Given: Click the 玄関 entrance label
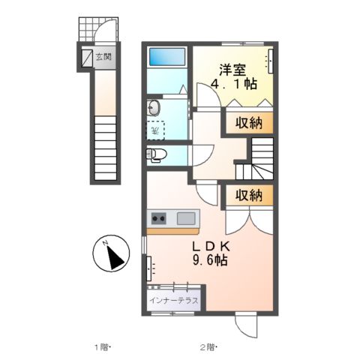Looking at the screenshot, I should (103, 57).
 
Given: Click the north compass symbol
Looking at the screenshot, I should (113, 254).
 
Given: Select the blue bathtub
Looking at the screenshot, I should (167, 58).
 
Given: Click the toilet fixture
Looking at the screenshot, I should (155, 155).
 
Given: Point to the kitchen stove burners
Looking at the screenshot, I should (159, 218).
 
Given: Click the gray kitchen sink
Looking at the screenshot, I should (186, 218).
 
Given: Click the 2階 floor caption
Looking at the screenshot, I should (208, 346).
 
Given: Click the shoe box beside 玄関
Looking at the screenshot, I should (86, 57).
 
